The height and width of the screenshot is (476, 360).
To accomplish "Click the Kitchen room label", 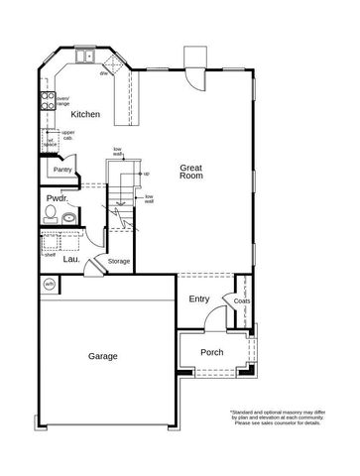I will tap(86, 115).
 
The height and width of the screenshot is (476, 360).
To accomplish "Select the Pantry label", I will tap(61, 169).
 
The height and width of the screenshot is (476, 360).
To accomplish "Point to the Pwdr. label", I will tap(57, 198).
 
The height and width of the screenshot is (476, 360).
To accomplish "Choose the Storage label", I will tap(119, 261).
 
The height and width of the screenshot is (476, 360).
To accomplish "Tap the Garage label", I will tap(102, 356).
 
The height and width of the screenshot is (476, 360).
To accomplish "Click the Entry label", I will tap(198, 299).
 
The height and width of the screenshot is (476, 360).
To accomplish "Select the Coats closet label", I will tap(242, 300).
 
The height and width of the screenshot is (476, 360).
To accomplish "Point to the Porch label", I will tap(211, 352).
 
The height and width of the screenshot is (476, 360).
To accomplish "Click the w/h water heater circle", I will tap(49, 285).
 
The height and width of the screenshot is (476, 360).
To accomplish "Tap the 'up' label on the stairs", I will tap(147, 174).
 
